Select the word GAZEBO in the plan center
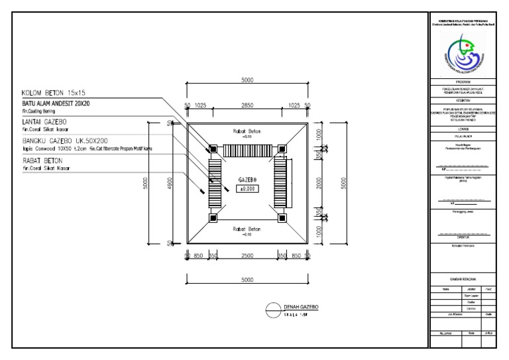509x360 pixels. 247,179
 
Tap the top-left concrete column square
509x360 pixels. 213,149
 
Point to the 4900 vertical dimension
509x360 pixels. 170,184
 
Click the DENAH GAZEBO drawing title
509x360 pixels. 302,308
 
